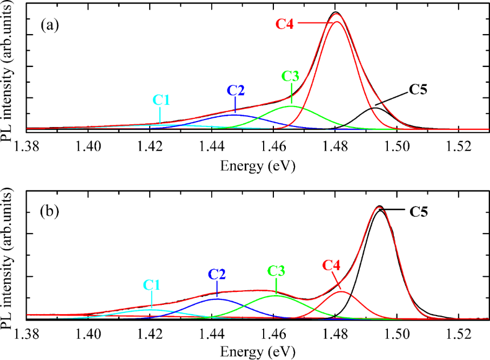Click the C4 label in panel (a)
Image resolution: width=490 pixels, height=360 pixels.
point(285,24)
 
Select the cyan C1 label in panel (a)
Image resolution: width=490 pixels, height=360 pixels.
point(161,99)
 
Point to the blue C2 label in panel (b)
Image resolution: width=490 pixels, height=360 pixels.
point(217,273)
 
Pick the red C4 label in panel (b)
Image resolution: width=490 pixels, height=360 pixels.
point(332,265)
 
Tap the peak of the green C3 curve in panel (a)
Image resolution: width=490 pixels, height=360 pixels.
point(291,106)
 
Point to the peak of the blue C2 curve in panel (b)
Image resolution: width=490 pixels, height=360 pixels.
point(217,298)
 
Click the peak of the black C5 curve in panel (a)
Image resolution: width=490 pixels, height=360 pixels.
point(374,108)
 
